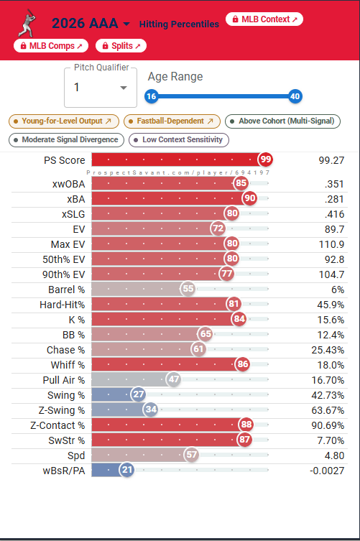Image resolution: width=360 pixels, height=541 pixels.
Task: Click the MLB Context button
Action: [x=264, y=19]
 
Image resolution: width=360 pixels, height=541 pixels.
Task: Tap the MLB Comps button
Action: [x=51, y=46]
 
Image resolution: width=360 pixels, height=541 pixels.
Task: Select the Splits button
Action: [x=121, y=46]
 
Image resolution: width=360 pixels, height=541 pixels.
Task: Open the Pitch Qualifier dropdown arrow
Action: [x=123, y=88]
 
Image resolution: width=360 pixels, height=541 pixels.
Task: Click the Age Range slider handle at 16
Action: [x=151, y=96]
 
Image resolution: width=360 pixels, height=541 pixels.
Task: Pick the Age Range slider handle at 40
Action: [x=295, y=96]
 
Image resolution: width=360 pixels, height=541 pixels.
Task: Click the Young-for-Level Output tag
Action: [x=64, y=121]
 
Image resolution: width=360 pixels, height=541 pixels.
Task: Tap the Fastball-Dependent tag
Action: [x=172, y=121]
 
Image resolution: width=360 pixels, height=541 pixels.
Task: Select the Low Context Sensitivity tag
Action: [x=179, y=139]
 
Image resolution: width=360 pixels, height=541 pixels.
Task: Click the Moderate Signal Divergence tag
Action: [x=66, y=139]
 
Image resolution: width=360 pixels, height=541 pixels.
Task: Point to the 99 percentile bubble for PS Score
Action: [x=265, y=159]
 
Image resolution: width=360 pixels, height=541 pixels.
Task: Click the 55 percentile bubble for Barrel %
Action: [x=188, y=289]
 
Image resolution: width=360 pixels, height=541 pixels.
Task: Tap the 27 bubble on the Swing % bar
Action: [x=139, y=394]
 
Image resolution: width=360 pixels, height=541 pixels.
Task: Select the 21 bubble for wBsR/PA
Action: [x=127, y=470]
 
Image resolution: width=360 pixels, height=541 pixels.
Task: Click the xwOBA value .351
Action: [x=334, y=184]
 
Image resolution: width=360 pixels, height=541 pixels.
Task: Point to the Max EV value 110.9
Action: [x=331, y=244]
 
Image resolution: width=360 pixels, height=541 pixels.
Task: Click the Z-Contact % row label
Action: [x=57, y=425]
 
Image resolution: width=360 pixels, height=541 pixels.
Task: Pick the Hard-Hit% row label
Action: [x=62, y=305]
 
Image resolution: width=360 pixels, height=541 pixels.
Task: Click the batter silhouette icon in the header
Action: [x=27, y=23]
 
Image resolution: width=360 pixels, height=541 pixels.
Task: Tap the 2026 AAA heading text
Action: [x=85, y=24]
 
